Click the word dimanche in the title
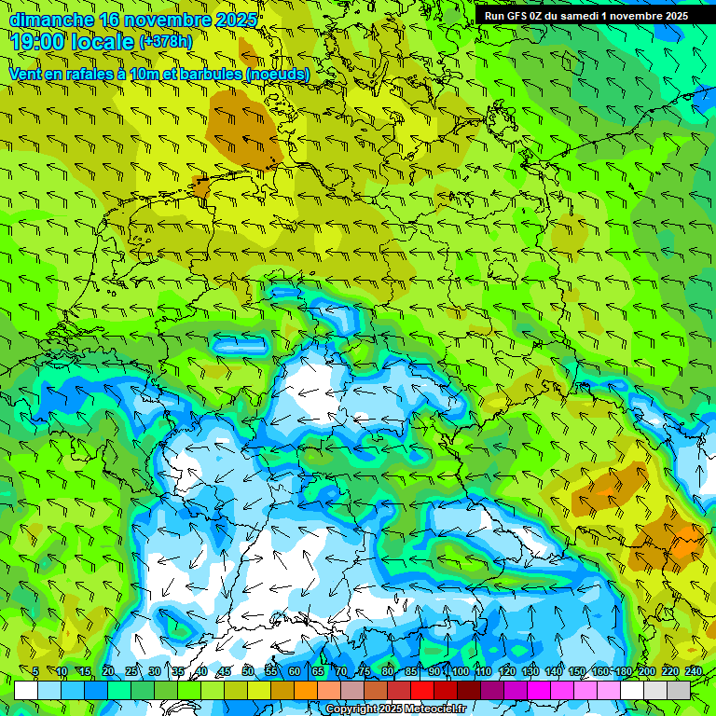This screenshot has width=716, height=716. [x=51, y=20]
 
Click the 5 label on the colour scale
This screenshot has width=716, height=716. [x=35, y=671]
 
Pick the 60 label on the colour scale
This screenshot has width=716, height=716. [x=295, y=671]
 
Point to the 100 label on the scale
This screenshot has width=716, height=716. [x=460, y=671]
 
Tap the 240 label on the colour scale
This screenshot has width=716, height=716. [x=693, y=671]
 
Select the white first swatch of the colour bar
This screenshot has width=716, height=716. [x=26, y=690]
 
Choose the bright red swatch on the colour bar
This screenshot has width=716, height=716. [x=422, y=690]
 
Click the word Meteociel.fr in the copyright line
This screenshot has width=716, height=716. [x=435, y=709]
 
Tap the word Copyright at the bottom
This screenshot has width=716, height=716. [x=351, y=709]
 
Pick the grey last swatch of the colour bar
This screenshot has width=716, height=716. [x=679, y=690]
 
